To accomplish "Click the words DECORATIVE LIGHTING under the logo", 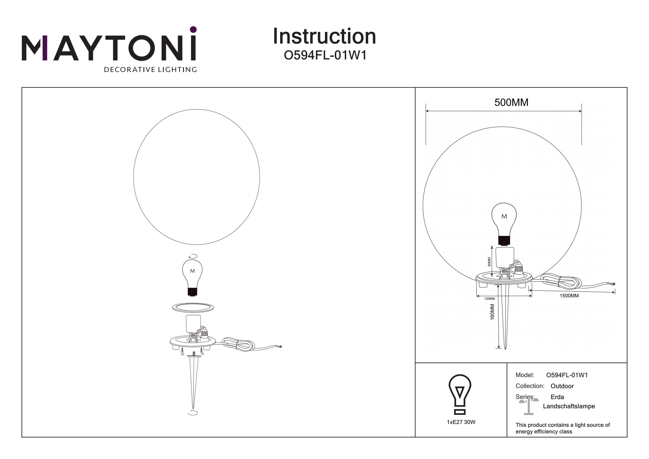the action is pos(150,69).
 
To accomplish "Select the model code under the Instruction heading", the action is pos(325,55).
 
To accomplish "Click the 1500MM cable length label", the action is pos(569,296).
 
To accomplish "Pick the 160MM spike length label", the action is pos(492,312).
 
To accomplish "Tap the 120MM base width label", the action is pos(490,299).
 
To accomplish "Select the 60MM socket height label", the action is pos(489,262).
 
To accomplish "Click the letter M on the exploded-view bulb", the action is pos(193,271).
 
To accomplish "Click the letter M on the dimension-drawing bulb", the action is pos(504,216).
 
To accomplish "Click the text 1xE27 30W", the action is pos(461,422).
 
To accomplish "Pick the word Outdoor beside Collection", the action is pos(562,386).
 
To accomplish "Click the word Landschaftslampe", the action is pos(569,406).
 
